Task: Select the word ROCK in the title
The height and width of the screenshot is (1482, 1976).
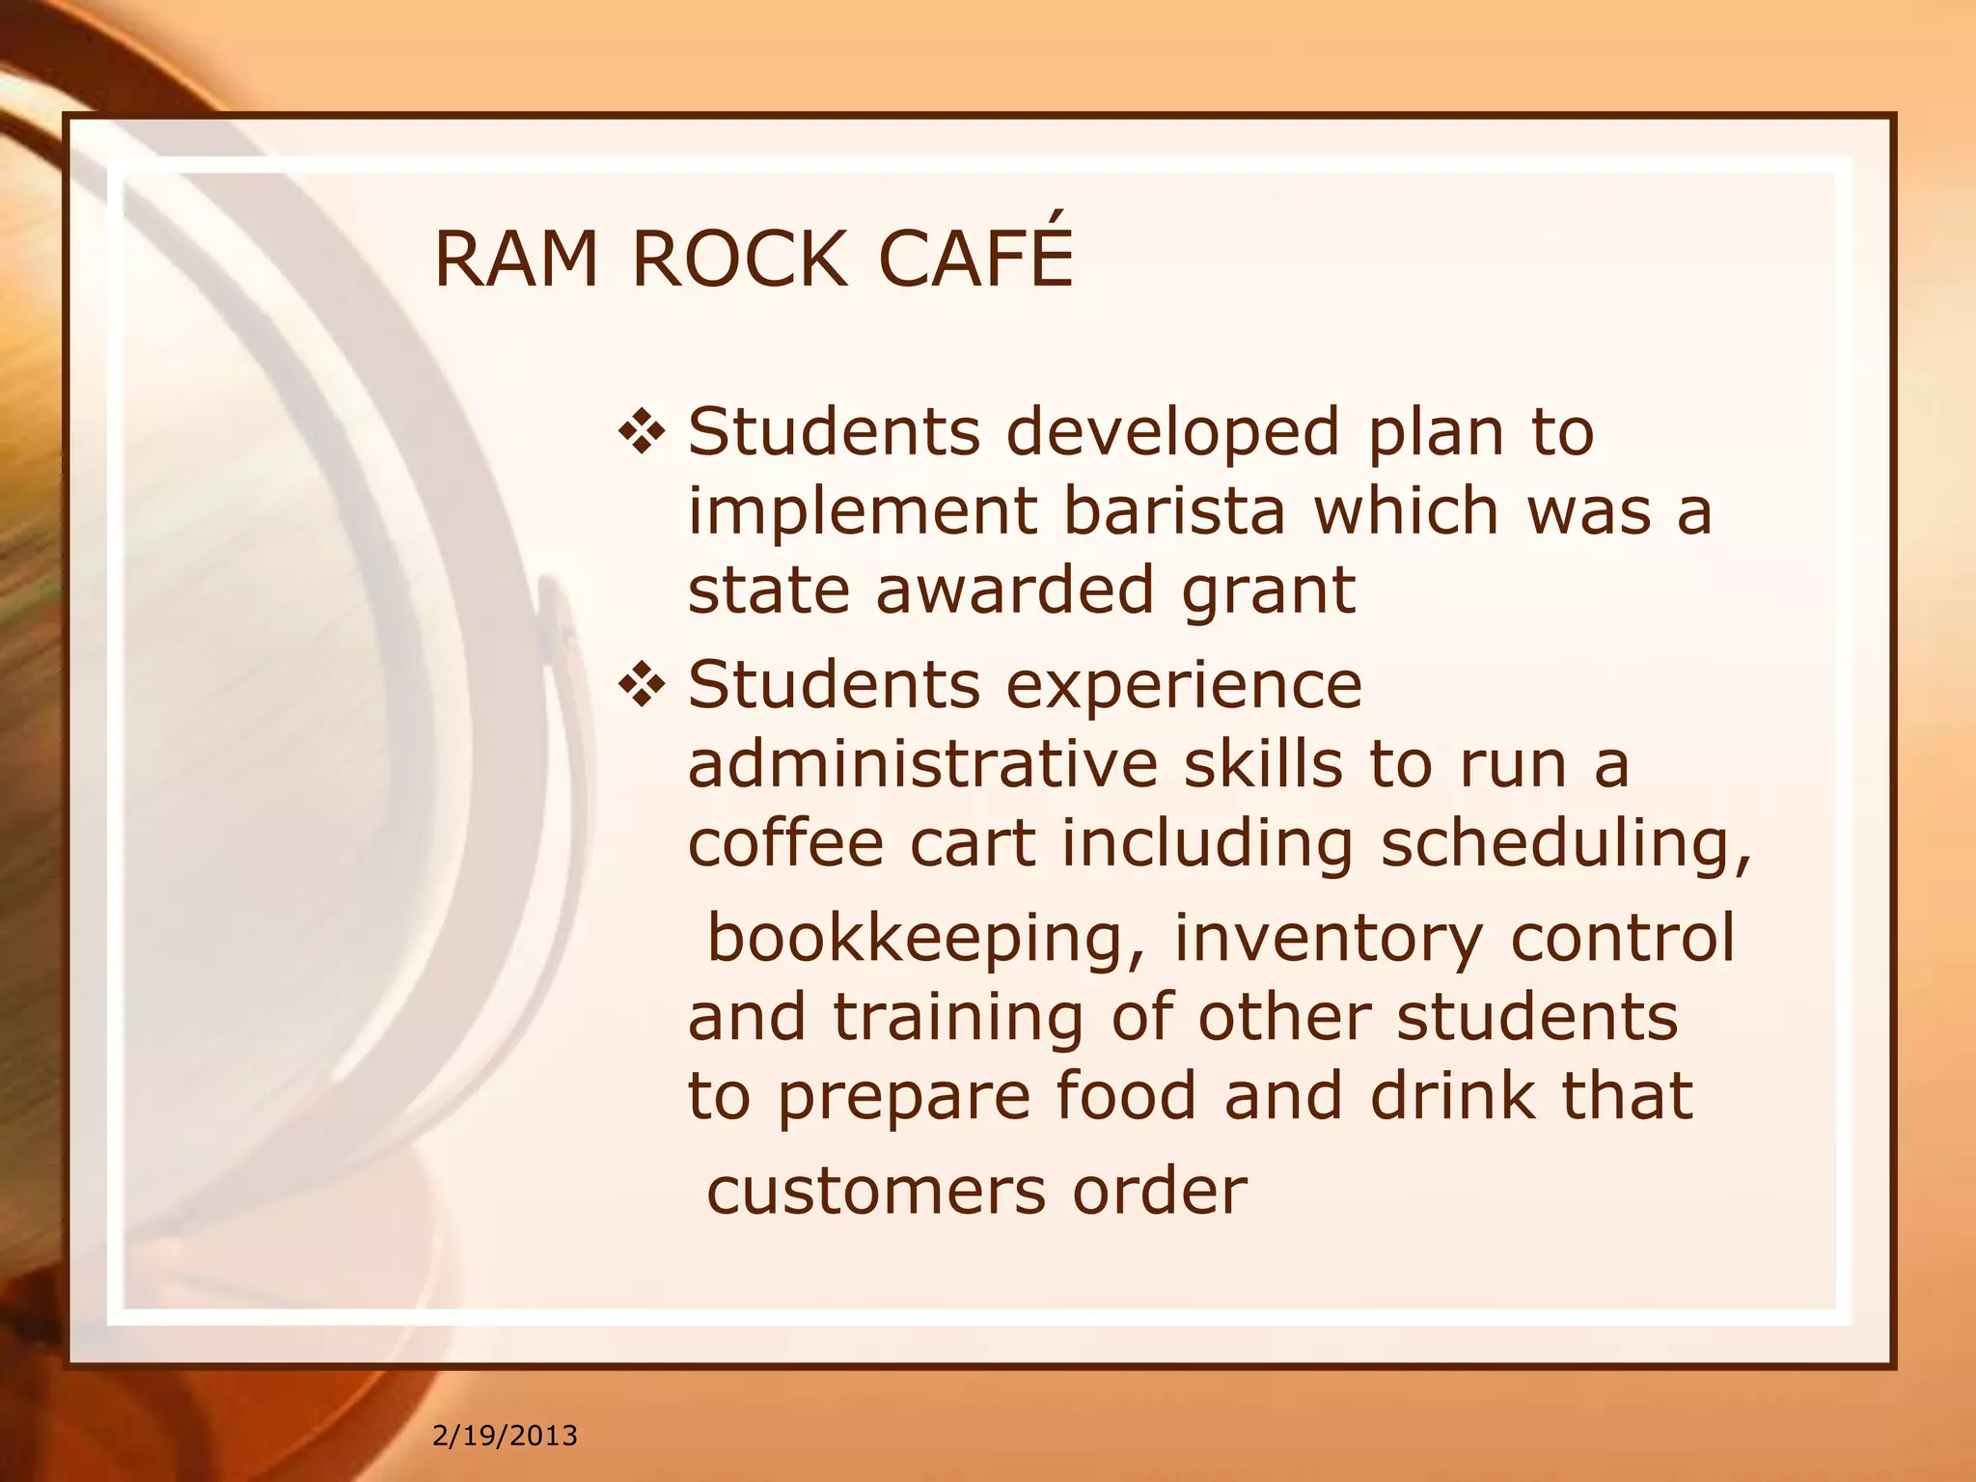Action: click(739, 260)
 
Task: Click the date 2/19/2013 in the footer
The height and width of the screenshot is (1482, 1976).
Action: click(505, 1436)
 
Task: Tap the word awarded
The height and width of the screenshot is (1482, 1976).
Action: click(1015, 590)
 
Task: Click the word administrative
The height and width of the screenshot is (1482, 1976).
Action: click(921, 764)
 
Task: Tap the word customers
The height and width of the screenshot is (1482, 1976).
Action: click(876, 1192)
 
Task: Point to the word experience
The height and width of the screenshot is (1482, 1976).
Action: click(1184, 685)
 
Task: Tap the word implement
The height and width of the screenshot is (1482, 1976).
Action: click(863, 513)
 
